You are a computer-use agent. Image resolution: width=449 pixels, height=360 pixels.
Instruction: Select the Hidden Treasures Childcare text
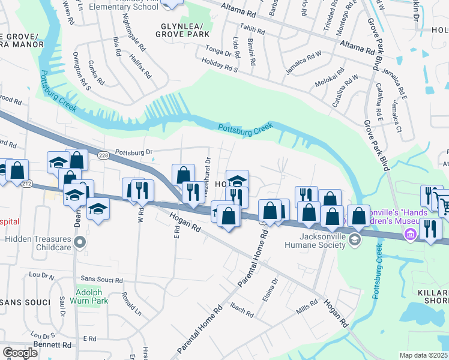(37, 239)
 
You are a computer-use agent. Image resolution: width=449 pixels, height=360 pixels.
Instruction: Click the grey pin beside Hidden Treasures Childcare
(79, 243)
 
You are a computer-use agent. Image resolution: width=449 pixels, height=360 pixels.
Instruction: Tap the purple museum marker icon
(411, 233)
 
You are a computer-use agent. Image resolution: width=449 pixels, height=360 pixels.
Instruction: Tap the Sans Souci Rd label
(101, 280)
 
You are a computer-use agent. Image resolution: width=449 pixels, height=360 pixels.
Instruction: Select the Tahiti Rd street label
(252, 28)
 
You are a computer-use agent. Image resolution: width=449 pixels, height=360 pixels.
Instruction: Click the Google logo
(20, 353)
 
